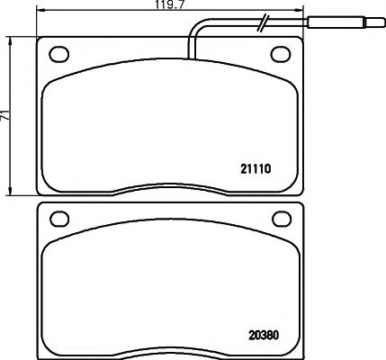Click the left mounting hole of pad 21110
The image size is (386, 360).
[x=61, y=52]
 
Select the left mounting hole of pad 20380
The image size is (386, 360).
[x=61, y=219]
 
